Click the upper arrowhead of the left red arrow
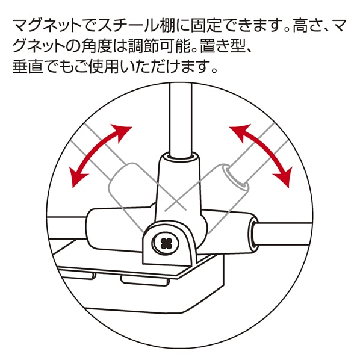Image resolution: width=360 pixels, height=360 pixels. coord(121,133)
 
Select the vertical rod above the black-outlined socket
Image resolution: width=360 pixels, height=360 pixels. coord(180,119)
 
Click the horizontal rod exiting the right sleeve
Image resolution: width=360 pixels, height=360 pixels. coord(282,235)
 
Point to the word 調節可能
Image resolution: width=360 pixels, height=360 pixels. coord(159,46)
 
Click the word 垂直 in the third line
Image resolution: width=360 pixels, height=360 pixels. coord(28,67)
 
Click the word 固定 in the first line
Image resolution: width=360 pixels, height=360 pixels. coord(206,26)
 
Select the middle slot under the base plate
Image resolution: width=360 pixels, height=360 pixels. coord(144,281)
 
